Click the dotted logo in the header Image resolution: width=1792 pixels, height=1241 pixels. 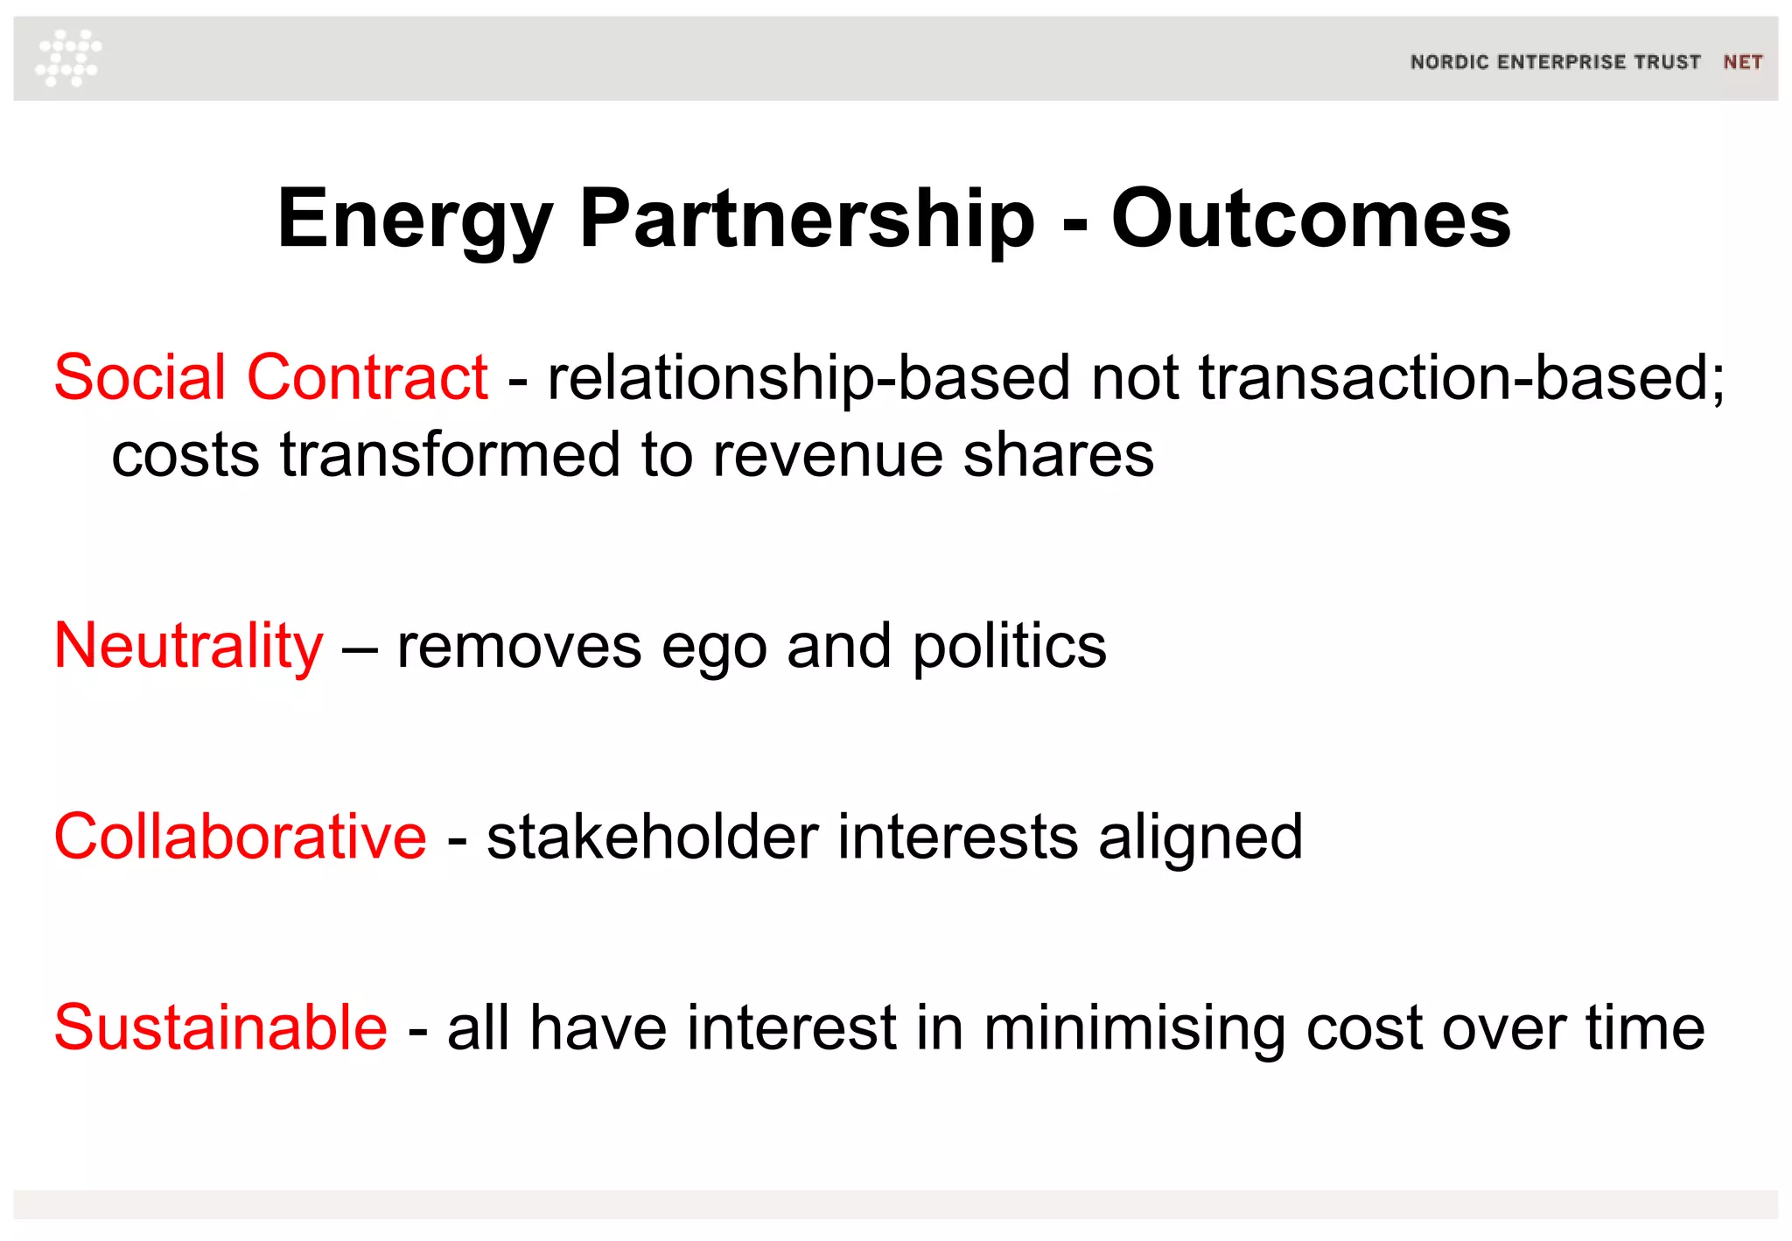click(x=68, y=58)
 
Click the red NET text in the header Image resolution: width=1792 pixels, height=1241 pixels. click(x=1742, y=62)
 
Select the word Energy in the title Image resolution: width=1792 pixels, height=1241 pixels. click(x=415, y=221)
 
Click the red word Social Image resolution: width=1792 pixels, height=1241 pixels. click(x=140, y=377)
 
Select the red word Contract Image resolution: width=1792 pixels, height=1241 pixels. click(x=367, y=377)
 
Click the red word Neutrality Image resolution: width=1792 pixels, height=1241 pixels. click(x=188, y=647)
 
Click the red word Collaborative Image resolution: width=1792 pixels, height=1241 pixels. click(x=240, y=837)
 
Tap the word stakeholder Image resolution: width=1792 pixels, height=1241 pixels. click(x=652, y=837)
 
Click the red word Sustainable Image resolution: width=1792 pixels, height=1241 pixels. click(x=220, y=1027)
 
